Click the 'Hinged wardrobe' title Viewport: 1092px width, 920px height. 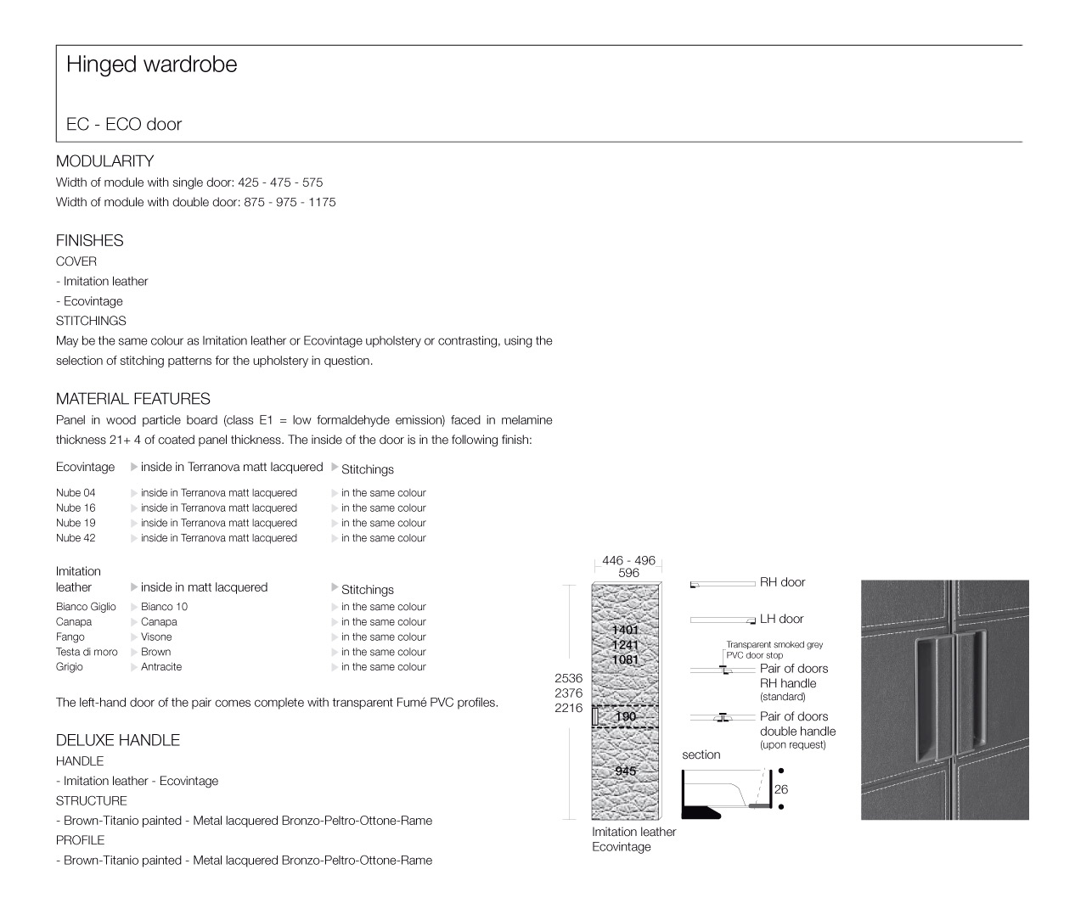point(151,65)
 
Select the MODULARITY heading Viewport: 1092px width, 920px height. point(104,161)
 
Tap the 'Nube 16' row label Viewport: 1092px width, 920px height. point(76,508)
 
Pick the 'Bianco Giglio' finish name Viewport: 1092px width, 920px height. point(86,607)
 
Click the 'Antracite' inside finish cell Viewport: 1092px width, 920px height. point(161,667)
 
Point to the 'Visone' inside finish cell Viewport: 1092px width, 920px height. point(156,637)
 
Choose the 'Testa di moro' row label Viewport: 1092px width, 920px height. point(87,652)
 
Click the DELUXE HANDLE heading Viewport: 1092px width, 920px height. point(117,740)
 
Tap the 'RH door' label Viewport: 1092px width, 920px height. point(782,582)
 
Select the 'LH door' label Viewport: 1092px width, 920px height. point(781,620)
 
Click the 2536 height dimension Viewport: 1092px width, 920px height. point(568,678)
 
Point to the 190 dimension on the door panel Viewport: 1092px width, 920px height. point(625,717)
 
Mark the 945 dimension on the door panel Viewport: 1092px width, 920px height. point(625,771)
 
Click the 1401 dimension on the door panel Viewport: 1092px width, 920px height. point(625,630)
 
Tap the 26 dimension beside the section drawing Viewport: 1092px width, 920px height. point(781,789)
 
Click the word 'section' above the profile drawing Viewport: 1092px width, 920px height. point(701,755)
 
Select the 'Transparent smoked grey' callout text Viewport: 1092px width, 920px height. point(774,645)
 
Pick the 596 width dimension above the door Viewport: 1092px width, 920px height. point(628,573)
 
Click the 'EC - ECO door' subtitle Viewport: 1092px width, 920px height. point(124,124)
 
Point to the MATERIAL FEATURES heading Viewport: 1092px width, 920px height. point(132,399)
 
